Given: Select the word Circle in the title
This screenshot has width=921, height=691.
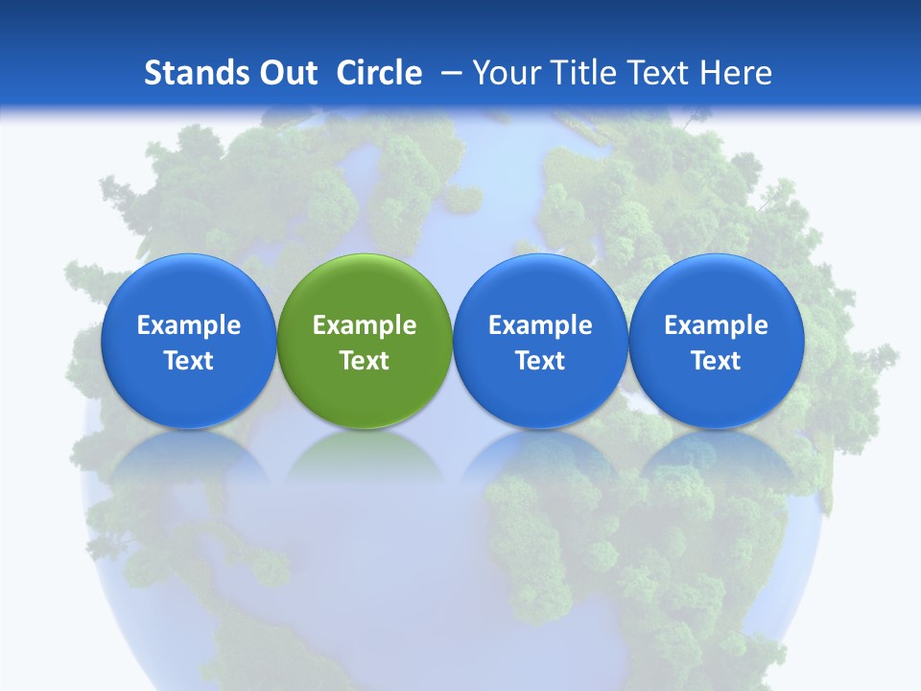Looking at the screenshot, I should pos(379,73).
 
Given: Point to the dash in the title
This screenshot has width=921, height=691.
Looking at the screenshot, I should pos(451,74).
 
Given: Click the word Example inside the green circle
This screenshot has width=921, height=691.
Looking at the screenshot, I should pos(365,325).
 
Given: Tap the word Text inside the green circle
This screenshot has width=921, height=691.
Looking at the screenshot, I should pos(365,361).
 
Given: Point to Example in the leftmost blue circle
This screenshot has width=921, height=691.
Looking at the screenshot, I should pos(188,325).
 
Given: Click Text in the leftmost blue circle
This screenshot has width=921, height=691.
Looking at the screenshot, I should pos(188,361).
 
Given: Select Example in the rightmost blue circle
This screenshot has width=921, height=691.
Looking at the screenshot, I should pos(717,325).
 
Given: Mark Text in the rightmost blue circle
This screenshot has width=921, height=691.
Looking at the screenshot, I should pos(717,361).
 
